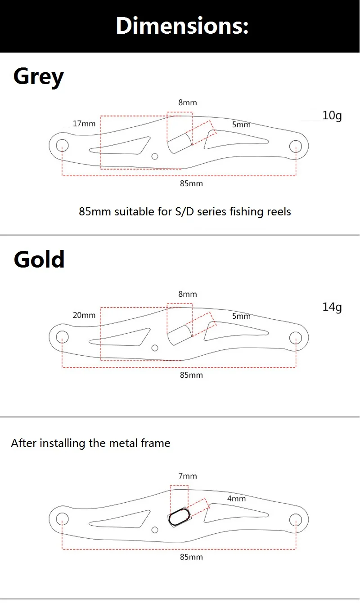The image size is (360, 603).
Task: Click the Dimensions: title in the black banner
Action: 182,26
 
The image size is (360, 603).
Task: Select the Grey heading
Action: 39,77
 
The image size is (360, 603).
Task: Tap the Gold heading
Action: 39,259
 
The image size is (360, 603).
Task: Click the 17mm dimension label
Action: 84,124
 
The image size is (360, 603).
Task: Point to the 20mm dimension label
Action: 84,315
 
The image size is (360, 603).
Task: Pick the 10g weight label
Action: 332,116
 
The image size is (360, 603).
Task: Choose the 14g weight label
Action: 332,307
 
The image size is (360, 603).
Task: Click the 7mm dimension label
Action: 188,476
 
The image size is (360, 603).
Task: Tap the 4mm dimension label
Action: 236,499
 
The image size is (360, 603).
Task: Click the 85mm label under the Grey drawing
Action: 191,183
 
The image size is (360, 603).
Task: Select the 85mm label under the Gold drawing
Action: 191,375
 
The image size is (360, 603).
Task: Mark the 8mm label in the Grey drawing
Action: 188,102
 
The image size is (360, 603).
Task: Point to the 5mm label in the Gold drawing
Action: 242,316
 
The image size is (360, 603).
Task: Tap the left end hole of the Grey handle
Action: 62,145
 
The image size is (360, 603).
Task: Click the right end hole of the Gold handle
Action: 296,338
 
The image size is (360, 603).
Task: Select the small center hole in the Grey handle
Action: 155,156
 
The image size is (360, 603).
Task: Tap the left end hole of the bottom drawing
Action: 62,519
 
